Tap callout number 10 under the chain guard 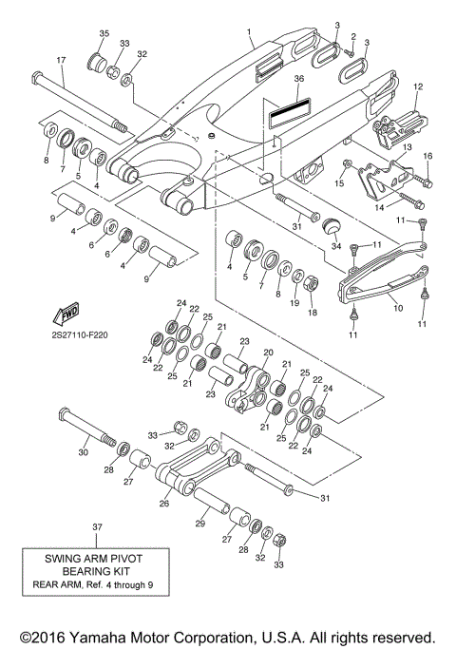pos(397,307)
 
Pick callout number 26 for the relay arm pos(164,505)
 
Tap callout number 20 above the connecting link pos(267,352)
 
